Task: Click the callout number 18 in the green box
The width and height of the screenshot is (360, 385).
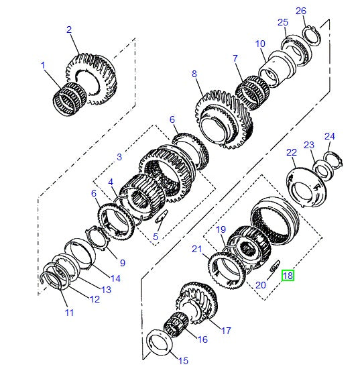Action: click(x=288, y=275)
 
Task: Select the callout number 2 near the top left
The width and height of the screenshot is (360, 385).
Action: click(x=69, y=30)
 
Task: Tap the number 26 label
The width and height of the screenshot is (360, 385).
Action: click(x=301, y=11)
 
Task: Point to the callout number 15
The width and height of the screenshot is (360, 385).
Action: click(x=183, y=361)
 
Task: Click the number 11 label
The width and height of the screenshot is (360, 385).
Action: click(x=70, y=313)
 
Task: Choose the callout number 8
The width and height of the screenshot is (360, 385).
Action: click(x=194, y=74)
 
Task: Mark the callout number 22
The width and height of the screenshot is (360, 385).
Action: click(x=292, y=153)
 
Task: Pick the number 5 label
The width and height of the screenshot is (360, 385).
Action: click(x=156, y=237)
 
